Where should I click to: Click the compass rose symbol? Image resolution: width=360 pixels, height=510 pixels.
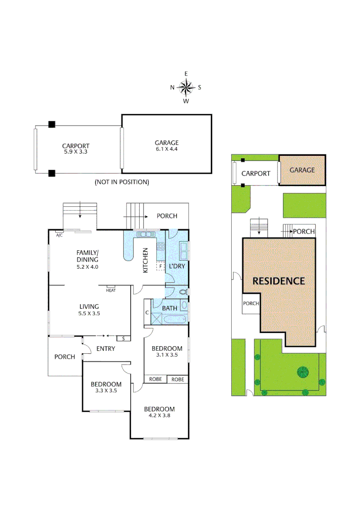(186, 87)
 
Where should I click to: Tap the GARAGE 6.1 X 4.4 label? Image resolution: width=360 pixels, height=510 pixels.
(167, 145)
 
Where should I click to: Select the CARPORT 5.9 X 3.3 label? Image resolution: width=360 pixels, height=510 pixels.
(75, 149)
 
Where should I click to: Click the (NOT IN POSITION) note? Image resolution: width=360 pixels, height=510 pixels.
(122, 182)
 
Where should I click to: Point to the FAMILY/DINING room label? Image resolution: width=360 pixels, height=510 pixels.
(87, 259)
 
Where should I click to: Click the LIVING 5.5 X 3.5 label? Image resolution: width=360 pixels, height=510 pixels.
(89, 310)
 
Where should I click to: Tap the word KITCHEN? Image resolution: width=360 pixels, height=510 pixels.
(146, 260)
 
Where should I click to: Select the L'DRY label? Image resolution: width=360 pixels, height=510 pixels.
(177, 267)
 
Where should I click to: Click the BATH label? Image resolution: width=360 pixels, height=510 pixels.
(169, 308)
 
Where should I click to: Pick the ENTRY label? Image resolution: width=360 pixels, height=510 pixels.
(106, 348)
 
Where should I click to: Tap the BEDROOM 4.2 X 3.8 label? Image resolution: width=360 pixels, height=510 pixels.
(159, 412)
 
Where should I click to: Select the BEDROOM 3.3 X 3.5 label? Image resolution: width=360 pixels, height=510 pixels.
(106, 387)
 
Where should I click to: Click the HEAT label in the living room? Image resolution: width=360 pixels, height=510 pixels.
(111, 290)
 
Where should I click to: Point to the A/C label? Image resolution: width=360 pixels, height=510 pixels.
(59, 235)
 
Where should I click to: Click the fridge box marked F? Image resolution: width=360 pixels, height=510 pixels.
(160, 267)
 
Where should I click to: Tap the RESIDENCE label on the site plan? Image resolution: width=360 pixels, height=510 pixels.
(278, 280)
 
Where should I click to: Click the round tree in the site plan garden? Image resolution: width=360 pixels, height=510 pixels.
(302, 372)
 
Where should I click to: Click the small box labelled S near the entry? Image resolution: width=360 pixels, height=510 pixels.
(123, 338)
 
